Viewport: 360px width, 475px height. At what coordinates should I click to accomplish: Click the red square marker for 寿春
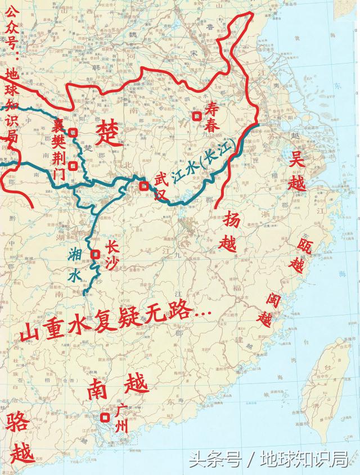[x=197, y=116]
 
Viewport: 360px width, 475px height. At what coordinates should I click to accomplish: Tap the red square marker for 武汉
[x=145, y=186]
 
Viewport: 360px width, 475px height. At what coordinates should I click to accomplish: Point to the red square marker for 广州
[x=105, y=418]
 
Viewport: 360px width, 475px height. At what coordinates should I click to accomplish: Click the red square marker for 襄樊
[x=73, y=133]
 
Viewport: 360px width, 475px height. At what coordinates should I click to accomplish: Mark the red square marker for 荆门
[x=73, y=166]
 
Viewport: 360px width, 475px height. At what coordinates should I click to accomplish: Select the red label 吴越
[x=297, y=173]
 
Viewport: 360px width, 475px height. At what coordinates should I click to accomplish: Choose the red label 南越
[x=118, y=387]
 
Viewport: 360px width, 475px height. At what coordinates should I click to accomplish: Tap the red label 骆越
[x=20, y=438]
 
